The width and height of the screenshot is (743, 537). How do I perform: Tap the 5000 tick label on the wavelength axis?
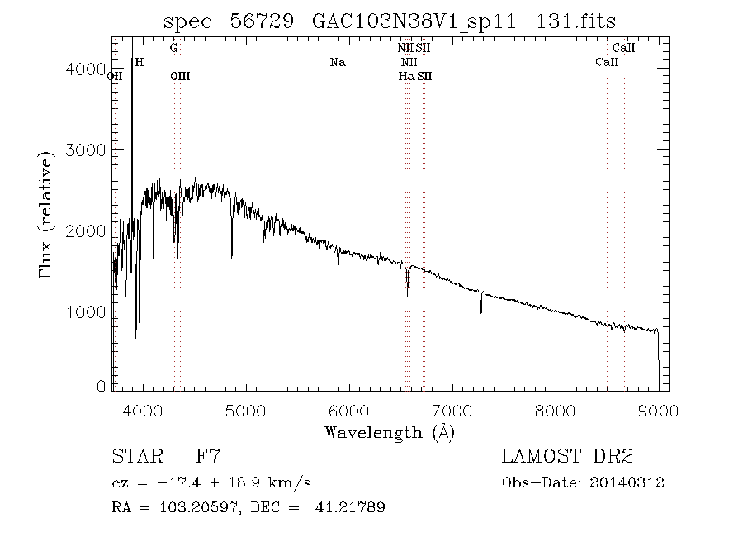[x=246, y=408]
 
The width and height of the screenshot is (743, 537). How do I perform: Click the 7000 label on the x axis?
[x=452, y=408]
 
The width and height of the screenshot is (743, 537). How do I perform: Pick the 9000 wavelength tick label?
[x=658, y=408]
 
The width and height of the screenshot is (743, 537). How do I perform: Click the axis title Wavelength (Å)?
[x=390, y=432]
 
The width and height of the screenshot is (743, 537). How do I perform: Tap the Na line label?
[x=337, y=62]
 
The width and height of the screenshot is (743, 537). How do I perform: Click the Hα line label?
[x=405, y=76]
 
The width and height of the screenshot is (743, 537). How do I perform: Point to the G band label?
[x=173, y=48]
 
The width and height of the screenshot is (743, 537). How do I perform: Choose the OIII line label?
[x=179, y=76]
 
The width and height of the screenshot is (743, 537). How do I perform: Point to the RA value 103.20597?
[x=187, y=508]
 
